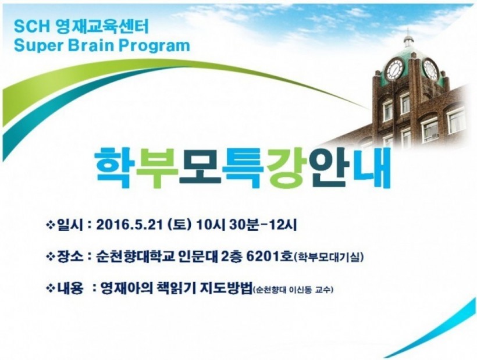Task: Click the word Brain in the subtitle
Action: (x=91, y=45)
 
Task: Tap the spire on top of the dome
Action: (x=408, y=34)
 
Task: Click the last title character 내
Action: (x=371, y=167)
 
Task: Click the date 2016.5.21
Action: (x=129, y=226)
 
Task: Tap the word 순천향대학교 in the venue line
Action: (x=135, y=257)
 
